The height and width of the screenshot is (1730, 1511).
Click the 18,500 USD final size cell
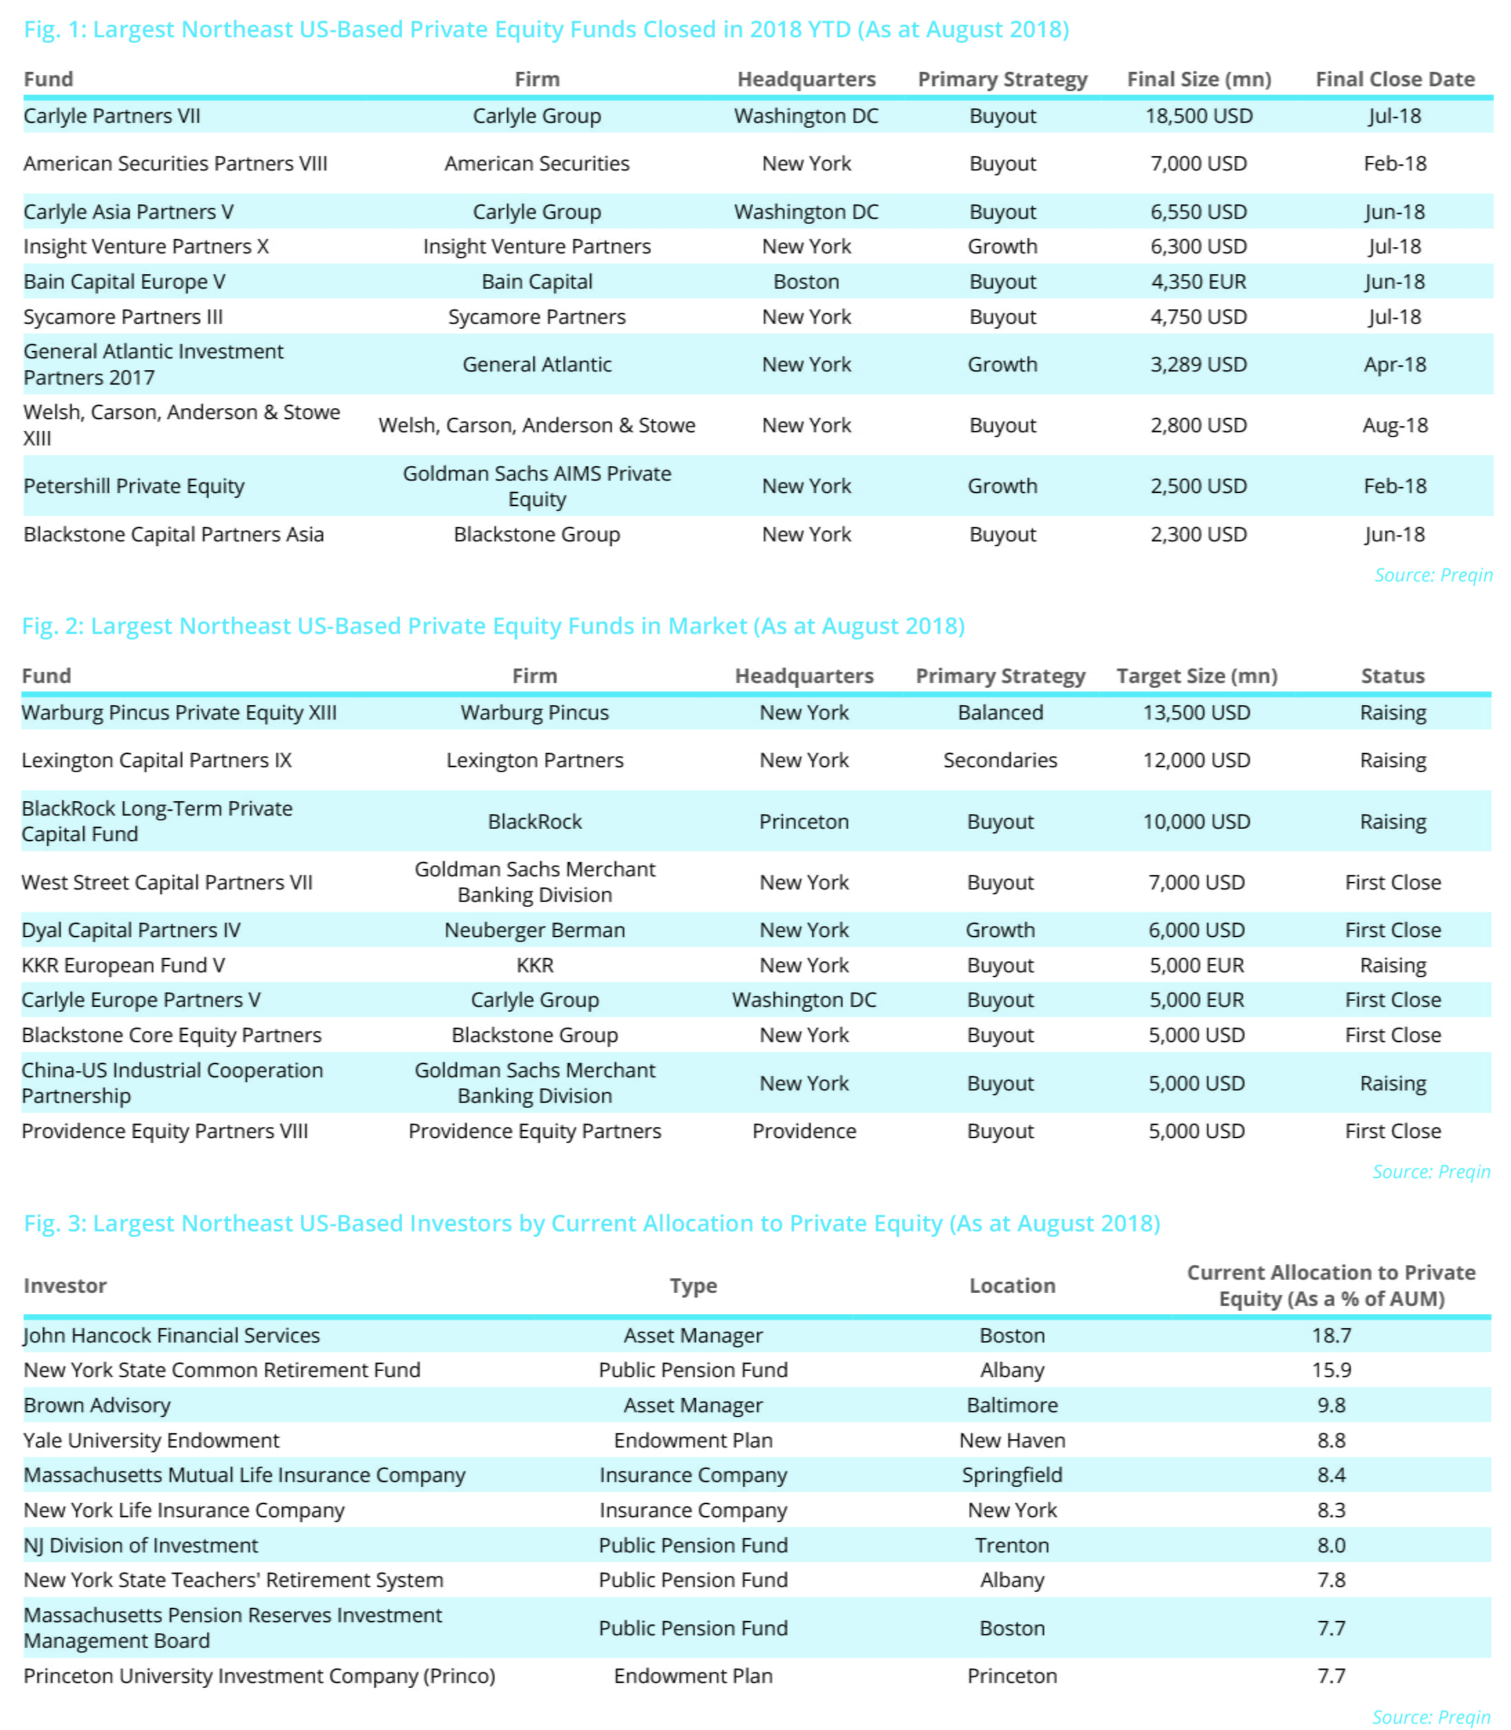[1198, 116]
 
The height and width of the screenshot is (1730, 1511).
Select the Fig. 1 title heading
[546, 30]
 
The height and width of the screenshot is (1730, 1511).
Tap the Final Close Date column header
[1395, 79]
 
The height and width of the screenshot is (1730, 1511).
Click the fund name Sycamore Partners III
[123, 317]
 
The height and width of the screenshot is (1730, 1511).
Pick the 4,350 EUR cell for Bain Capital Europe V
[1198, 282]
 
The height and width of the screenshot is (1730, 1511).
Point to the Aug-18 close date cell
[1395, 425]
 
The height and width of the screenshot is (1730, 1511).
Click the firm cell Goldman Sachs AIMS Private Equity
[537, 486]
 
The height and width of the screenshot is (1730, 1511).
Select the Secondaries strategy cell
[1000, 760]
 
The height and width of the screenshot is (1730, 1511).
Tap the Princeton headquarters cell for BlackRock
[804, 822]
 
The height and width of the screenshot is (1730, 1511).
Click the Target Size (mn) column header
[1197, 676]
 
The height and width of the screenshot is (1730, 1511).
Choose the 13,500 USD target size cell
[1197, 713]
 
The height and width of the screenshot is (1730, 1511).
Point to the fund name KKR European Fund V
[123, 965]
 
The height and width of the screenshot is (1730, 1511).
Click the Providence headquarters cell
[804, 1131]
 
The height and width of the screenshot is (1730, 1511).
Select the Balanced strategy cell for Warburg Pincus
[1000, 713]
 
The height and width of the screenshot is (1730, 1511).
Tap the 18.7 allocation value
[1331, 1336]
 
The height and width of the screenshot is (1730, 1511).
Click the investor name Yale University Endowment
[151, 1440]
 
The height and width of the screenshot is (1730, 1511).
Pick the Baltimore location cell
[1012, 1405]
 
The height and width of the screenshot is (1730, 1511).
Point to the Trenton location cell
[1012, 1546]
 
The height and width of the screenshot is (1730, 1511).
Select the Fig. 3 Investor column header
[65, 1286]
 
